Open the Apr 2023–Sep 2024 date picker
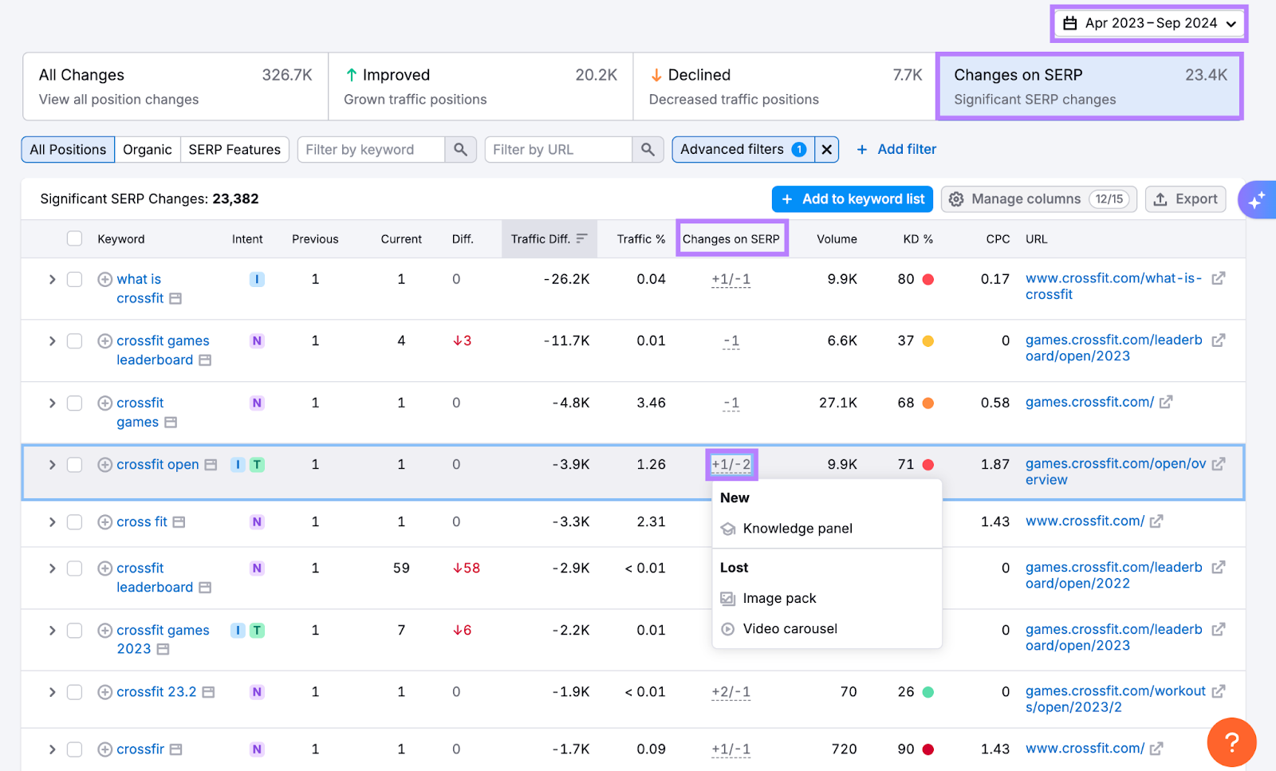pyautogui.click(x=1149, y=23)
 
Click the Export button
pyautogui.click(x=1186, y=199)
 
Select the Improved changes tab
pyautogui.click(x=480, y=86)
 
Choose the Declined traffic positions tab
pyautogui.click(x=785, y=86)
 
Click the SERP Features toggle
pyautogui.click(x=234, y=150)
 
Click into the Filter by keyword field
pyautogui.click(x=371, y=150)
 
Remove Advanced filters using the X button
pyautogui.click(x=827, y=150)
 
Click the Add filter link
pyautogui.click(x=896, y=150)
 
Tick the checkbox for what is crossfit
pyautogui.click(x=74, y=280)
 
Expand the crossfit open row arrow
pyautogui.click(x=52, y=465)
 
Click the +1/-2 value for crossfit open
pyautogui.click(x=731, y=465)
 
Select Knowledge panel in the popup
pyautogui.click(x=797, y=529)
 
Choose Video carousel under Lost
pyautogui.click(x=790, y=629)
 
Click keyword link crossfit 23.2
pyautogui.click(x=156, y=692)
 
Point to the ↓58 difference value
pyautogui.click(x=467, y=568)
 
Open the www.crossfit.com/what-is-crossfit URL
pyautogui.click(x=1113, y=286)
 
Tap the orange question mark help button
pyautogui.click(x=1231, y=742)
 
